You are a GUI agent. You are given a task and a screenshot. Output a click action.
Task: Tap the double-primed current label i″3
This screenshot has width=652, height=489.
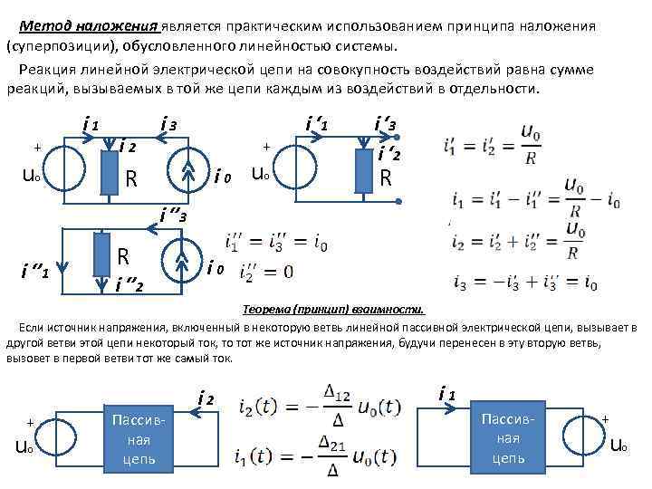coord(172,216)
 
